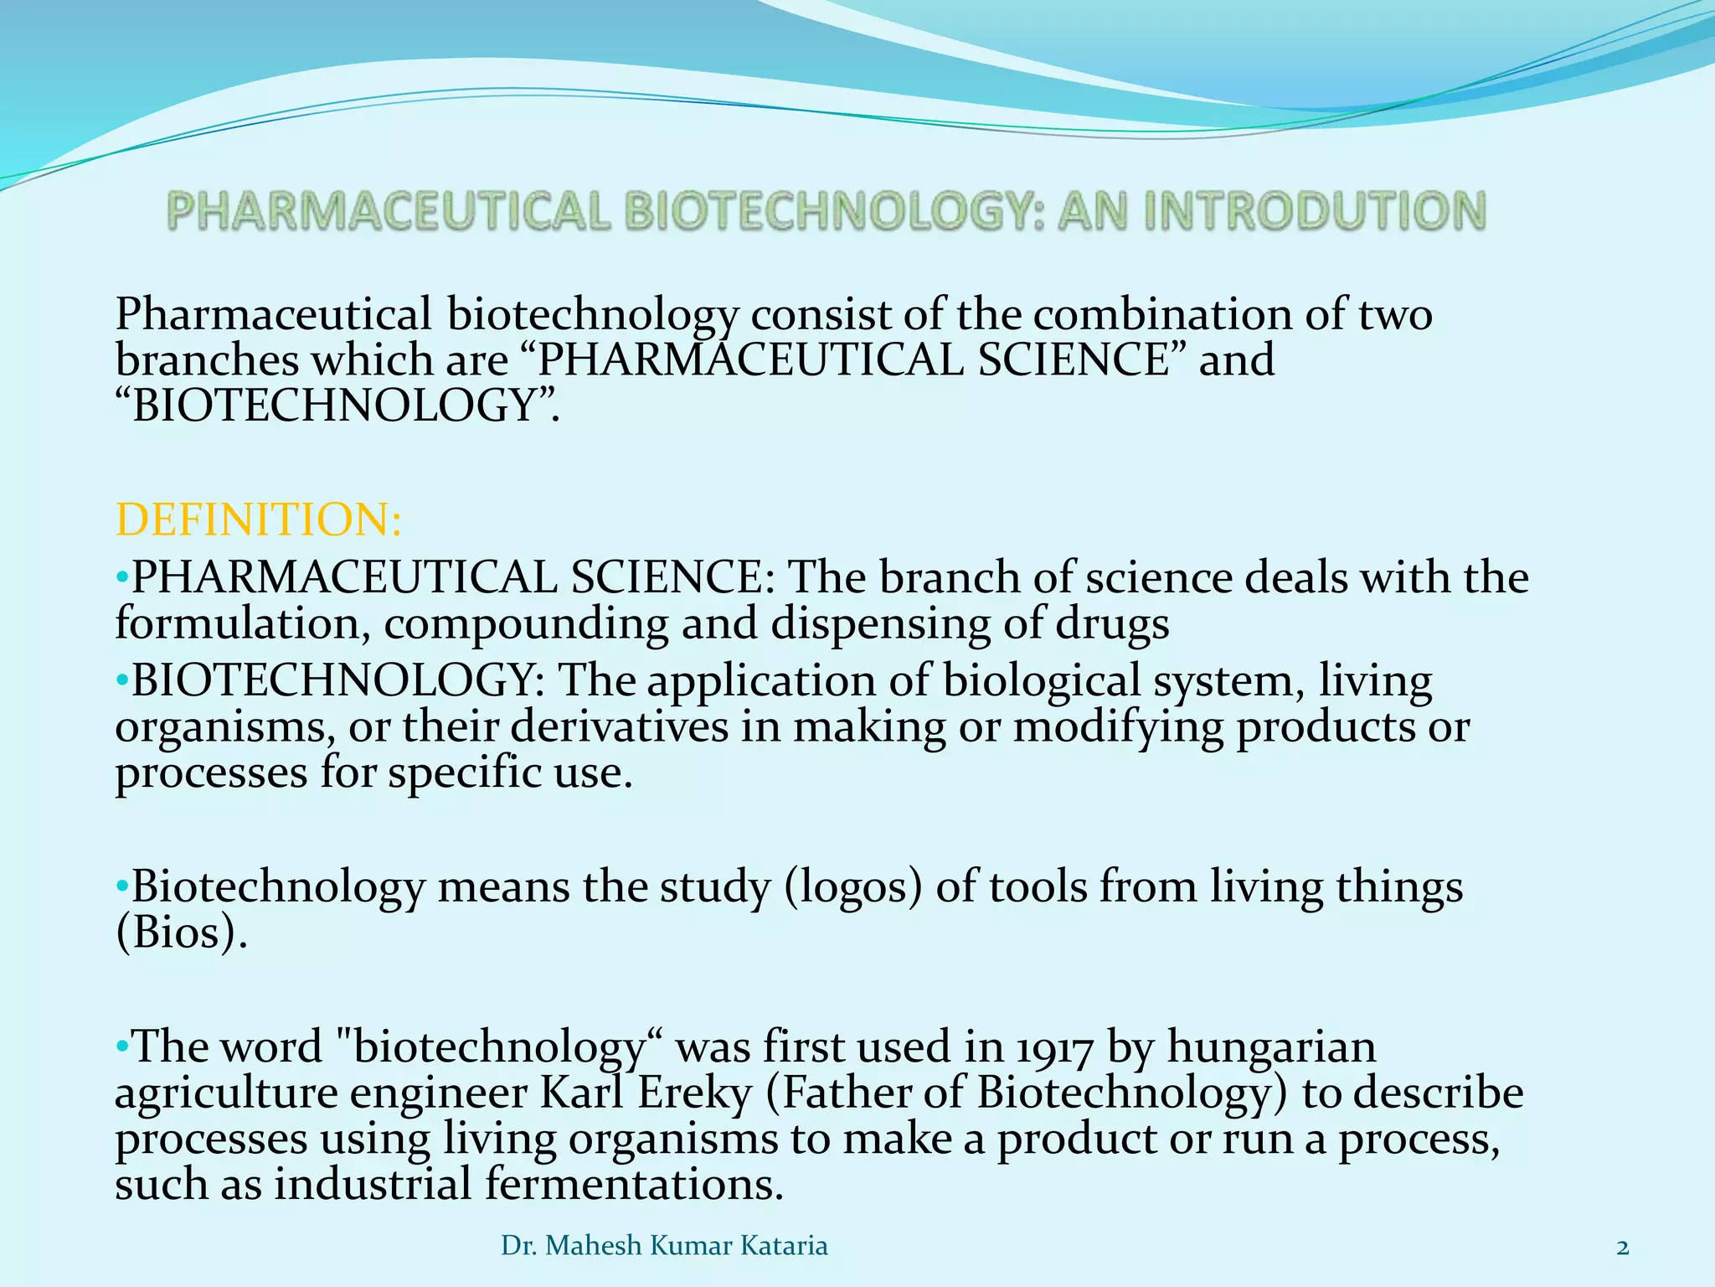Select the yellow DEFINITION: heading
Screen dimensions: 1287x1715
(x=259, y=519)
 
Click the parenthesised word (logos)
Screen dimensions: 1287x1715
(x=853, y=886)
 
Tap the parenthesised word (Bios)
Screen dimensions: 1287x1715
(x=181, y=933)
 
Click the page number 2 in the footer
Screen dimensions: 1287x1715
(x=1623, y=1248)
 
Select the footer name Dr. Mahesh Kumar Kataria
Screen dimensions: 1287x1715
(x=664, y=1246)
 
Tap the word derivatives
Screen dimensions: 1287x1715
(x=619, y=726)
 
